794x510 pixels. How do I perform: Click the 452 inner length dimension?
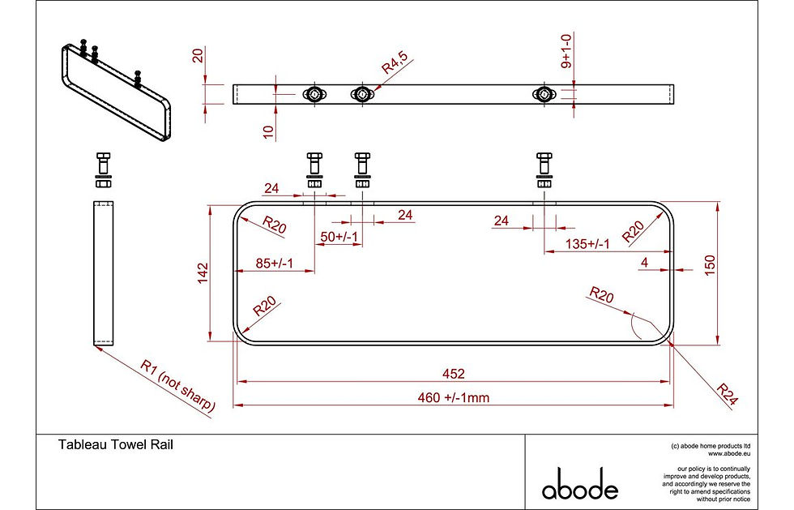pos(453,374)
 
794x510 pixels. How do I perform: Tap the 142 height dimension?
pos(203,272)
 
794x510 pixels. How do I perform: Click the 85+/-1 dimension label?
pos(274,263)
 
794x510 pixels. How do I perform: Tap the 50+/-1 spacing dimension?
pos(339,236)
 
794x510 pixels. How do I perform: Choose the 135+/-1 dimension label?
pos(587,243)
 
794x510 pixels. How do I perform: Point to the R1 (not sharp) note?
pos(177,387)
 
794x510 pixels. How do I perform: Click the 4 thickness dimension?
pos(644,262)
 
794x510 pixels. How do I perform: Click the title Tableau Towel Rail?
pos(115,444)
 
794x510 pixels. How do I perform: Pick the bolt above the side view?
pos(103,169)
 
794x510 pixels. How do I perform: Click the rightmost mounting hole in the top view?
pos(543,95)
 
